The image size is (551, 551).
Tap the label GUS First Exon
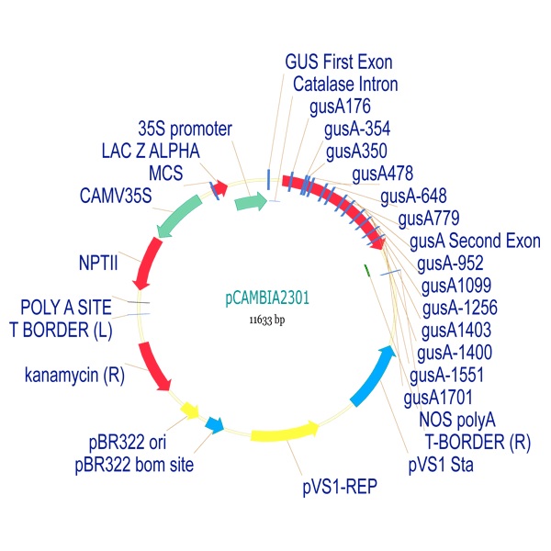[339, 62]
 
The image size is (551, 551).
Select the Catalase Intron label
[345, 84]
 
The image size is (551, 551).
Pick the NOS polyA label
[456, 420]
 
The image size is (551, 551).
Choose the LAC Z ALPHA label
[151, 150]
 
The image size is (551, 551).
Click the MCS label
[165, 173]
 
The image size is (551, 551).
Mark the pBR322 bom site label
[134, 465]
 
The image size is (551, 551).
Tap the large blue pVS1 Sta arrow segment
[377, 377]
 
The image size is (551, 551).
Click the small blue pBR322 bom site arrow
[215, 423]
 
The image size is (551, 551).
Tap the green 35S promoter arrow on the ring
[250, 201]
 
